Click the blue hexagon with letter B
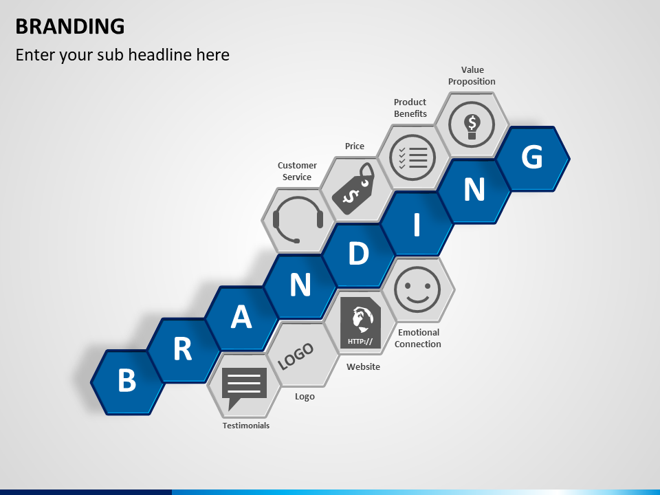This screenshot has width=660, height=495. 127,382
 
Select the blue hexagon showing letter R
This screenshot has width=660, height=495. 183,350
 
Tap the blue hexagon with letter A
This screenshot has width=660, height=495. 241,318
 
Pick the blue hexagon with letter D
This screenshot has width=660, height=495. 358,254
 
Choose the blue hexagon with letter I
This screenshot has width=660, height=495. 417,223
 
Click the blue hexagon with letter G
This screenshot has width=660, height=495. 533,159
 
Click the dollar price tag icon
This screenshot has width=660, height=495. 353,188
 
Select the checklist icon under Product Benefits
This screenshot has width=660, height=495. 412,157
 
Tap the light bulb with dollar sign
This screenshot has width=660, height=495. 472,124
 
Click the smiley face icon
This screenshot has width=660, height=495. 417,289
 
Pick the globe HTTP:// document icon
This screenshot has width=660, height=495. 360,323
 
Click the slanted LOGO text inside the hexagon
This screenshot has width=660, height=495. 296,356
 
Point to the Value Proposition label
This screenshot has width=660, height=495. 472,76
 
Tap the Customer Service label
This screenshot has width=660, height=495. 297,171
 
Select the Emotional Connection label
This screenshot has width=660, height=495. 418,338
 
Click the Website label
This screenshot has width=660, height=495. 363,366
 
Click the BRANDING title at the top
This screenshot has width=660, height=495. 70,27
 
